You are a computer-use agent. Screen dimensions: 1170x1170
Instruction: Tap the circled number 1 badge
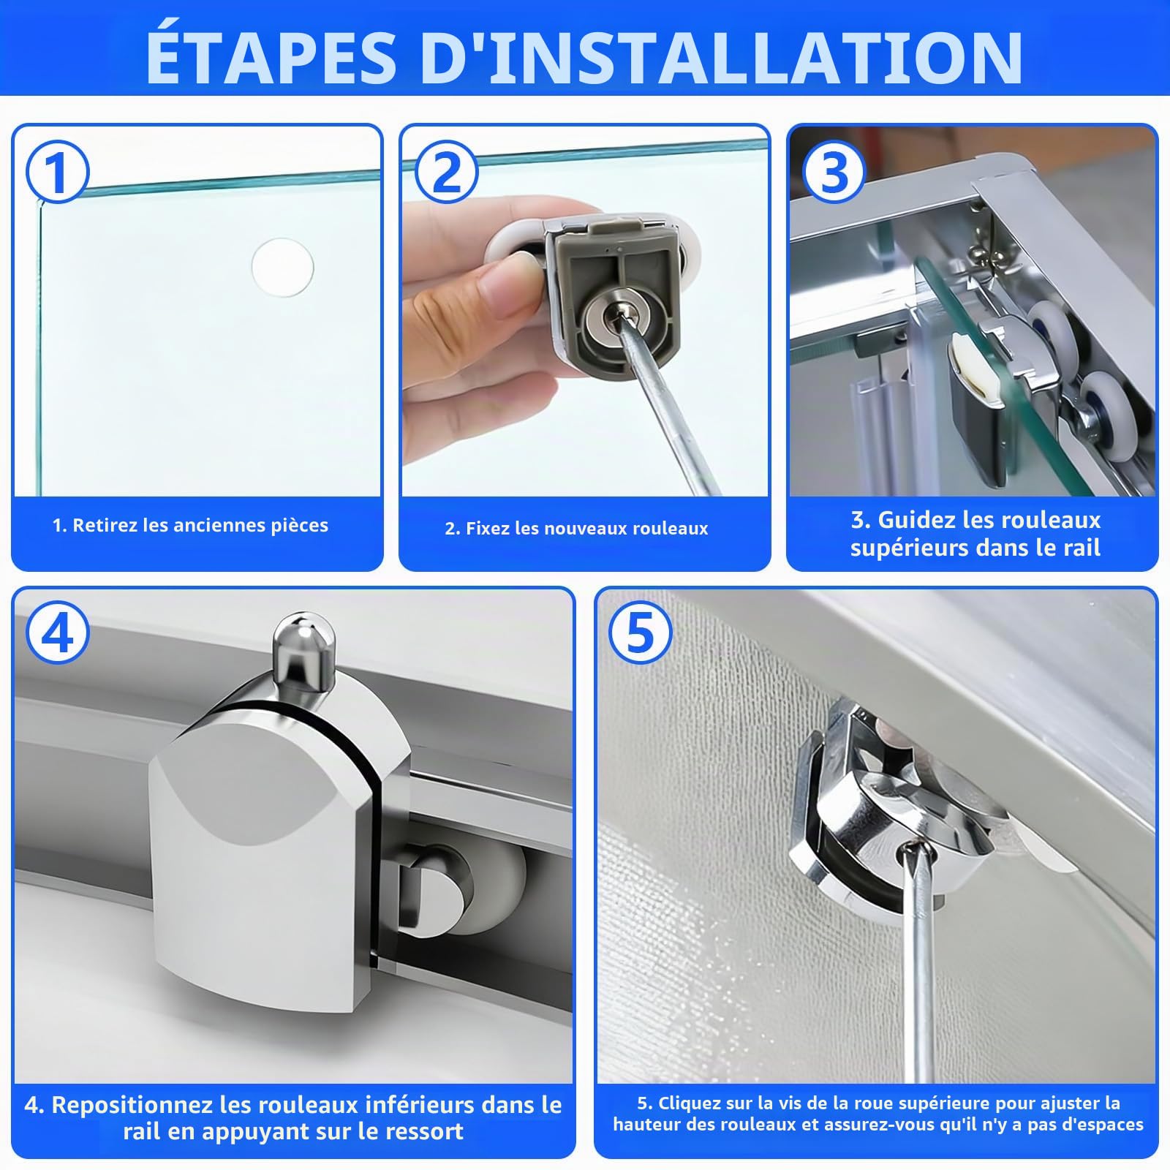pos(57,173)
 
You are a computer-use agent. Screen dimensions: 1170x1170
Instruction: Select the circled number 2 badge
pos(446,173)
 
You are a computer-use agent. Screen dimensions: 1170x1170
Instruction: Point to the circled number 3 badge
pos(834,173)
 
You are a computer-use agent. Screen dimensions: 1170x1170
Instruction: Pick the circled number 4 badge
pos(57,633)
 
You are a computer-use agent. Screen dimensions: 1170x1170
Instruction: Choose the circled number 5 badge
pos(639,633)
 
